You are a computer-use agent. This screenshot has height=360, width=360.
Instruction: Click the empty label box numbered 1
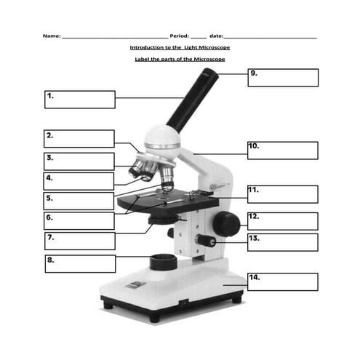coord(80,100)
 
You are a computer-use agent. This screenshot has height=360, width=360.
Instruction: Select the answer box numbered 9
coord(283,78)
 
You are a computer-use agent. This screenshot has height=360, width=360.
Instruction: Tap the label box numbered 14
coord(283,281)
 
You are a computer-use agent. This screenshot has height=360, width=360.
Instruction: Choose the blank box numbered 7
coord(80,241)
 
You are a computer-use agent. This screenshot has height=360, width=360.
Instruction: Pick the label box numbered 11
coord(283,194)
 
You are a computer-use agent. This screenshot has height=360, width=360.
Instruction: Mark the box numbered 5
coord(79,201)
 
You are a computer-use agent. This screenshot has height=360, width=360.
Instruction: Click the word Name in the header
coord(51,36)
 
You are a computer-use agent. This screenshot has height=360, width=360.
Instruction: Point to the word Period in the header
coord(178,36)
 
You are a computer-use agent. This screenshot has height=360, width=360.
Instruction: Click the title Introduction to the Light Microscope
coord(180,47)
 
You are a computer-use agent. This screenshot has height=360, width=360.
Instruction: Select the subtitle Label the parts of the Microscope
coord(180,59)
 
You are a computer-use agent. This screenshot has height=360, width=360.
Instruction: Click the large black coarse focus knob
coord(226,224)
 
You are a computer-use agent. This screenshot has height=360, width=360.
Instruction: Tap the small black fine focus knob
coord(206,241)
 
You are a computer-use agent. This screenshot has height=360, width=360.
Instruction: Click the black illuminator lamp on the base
coord(164,262)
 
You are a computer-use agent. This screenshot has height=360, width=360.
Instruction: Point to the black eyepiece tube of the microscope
coord(193,100)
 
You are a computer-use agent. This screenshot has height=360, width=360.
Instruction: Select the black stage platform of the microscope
coord(168,200)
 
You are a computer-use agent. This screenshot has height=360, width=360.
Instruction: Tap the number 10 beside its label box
coord(253,145)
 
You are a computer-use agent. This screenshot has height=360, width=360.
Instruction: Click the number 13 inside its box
coord(254,238)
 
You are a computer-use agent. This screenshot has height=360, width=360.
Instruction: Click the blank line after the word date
coord(270,38)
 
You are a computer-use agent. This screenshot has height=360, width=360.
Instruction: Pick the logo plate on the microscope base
coord(135,285)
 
